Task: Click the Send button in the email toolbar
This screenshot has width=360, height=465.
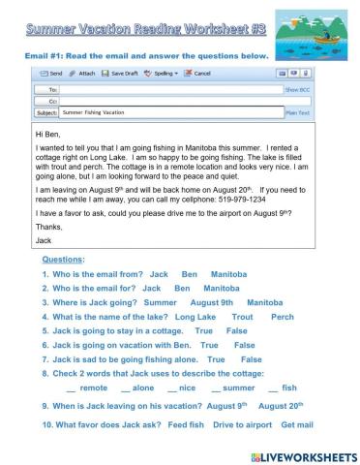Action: [49, 74]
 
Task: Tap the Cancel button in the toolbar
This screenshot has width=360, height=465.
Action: [199, 74]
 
